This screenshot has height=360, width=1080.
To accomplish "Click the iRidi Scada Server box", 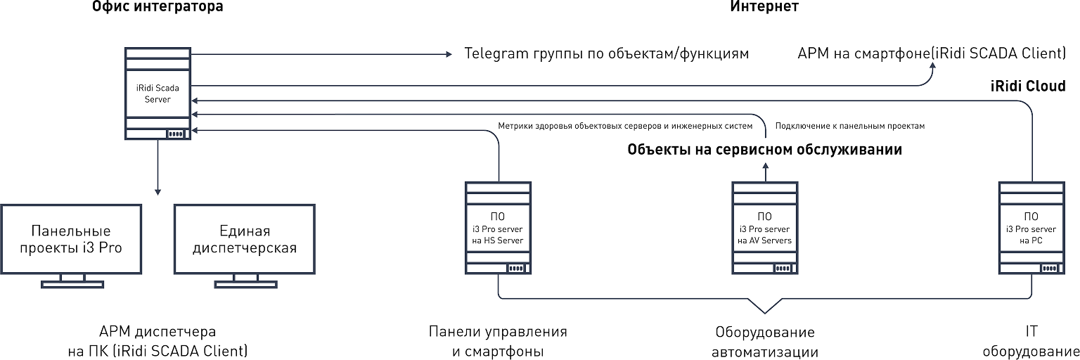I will pos(157,94).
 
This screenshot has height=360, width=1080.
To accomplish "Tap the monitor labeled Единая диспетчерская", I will pos(244,240).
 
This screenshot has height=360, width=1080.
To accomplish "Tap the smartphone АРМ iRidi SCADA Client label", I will pos(932,54).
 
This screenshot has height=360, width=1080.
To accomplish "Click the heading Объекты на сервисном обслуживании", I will pos(764,150).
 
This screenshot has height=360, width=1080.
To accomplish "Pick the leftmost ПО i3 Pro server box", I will pos(498,228).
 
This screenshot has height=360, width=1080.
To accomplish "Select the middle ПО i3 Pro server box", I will pos(765,228).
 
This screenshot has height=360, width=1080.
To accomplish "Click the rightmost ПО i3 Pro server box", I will pos(1031,228).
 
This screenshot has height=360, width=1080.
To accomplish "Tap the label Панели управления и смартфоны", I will pos(498,341).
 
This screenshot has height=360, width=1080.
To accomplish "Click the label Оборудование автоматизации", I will pos(765,341).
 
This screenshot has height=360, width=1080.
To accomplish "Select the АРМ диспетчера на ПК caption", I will pos(157,341).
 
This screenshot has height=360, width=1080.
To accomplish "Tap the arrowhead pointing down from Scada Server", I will pos(157,191).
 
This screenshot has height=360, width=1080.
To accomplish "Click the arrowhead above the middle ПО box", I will pos(765,163).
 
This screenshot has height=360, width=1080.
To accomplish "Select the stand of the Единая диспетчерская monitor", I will pos(244,283).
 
